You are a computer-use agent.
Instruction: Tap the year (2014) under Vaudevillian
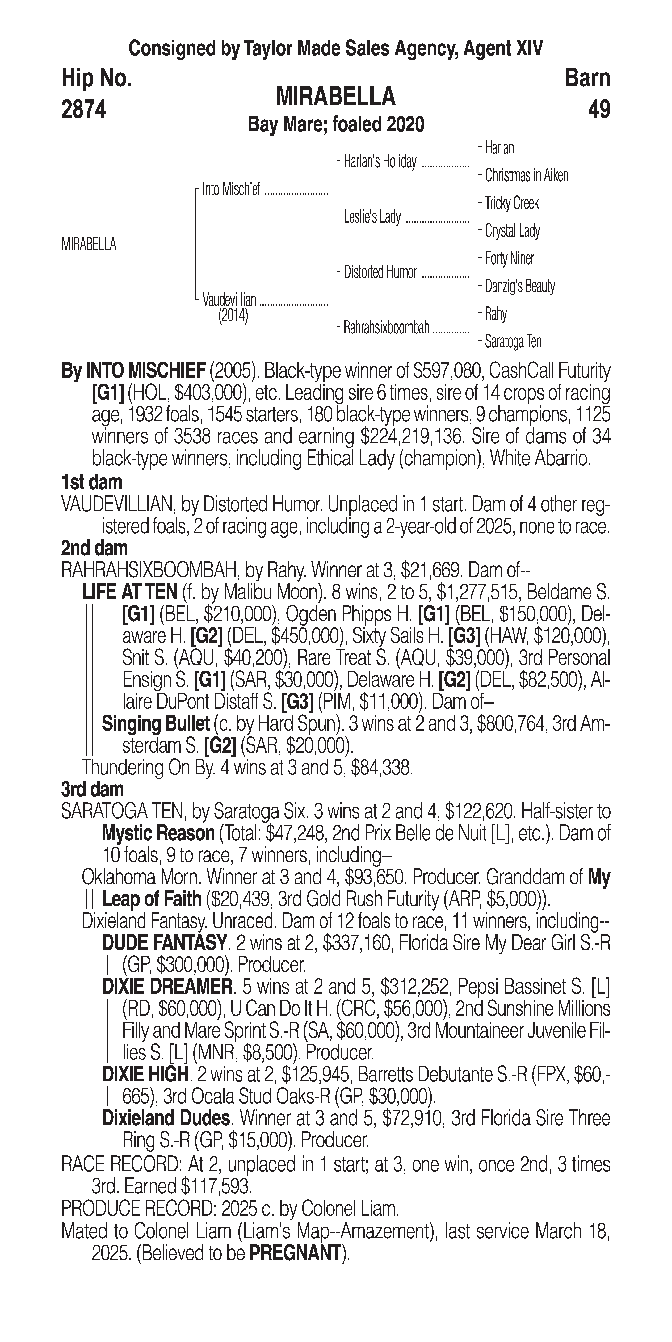tap(233, 316)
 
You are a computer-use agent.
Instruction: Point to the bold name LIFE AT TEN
tap(130, 592)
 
